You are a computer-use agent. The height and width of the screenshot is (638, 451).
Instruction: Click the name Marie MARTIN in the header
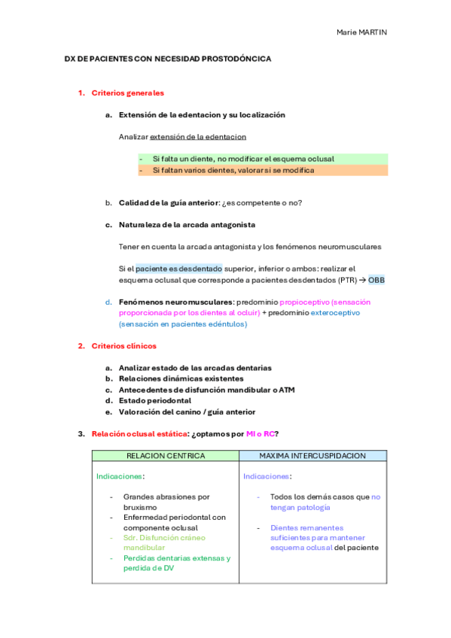click(361, 32)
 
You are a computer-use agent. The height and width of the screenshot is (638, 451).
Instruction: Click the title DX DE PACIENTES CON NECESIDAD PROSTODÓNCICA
click(168, 58)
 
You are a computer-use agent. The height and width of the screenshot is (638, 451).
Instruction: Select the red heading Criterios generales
click(127, 93)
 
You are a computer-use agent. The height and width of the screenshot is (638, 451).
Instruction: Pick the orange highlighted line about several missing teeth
click(233, 170)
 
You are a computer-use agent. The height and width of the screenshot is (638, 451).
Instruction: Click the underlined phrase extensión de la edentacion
click(198, 137)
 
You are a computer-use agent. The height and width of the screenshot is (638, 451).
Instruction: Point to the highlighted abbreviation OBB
click(376, 280)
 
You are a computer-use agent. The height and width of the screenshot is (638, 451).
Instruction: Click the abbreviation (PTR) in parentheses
click(326, 280)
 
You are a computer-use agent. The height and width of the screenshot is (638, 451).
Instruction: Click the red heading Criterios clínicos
click(123, 346)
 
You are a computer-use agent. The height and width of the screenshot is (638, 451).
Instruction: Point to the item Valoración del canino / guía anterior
click(187, 412)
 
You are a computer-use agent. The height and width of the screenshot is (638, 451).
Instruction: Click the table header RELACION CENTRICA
click(166, 456)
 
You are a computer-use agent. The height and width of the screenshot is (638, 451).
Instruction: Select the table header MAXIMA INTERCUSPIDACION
click(312, 456)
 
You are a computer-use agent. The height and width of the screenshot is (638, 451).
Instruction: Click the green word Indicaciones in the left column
click(120, 476)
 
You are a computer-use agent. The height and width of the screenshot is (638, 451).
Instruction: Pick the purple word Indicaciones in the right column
click(267, 476)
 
